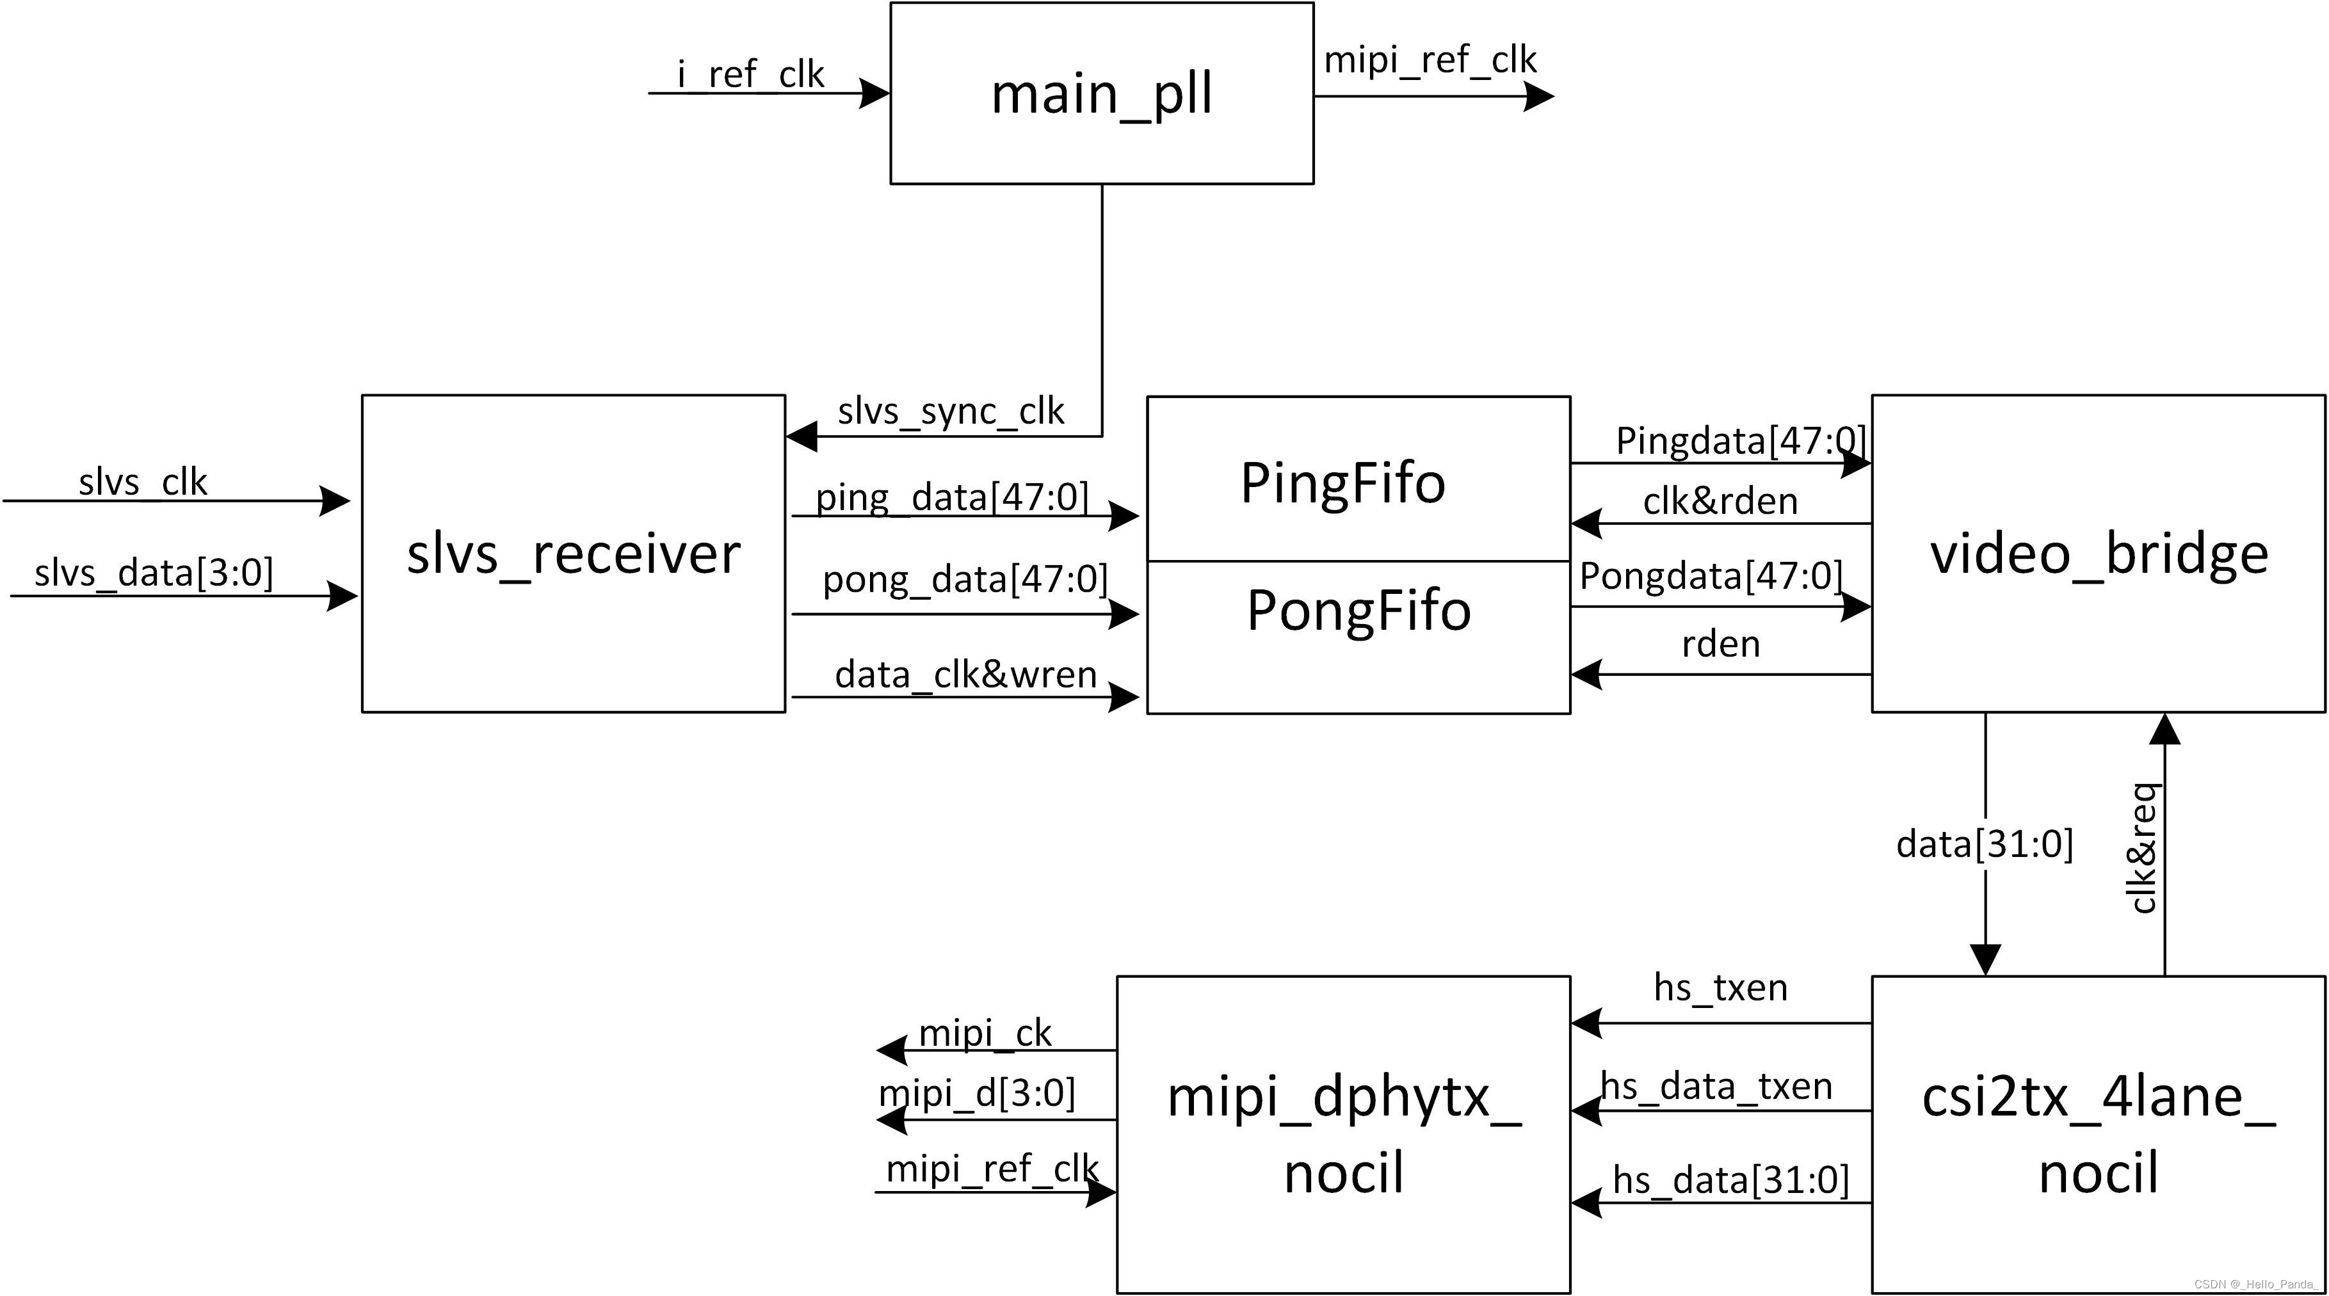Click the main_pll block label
coord(1100,95)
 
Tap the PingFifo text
coord(1342,483)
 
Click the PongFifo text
coord(1358,611)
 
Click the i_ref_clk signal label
coord(750,74)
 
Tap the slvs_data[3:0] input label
coord(153,573)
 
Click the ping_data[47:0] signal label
coord(952,497)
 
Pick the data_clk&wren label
coord(965,674)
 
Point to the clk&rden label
coord(1720,500)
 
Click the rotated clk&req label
coord(2143,848)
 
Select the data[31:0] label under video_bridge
coord(1984,844)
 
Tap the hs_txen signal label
coord(1720,987)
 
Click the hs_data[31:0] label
coord(1730,1180)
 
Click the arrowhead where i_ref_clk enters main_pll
coord(874,93)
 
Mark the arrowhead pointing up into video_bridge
coord(2164,728)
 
